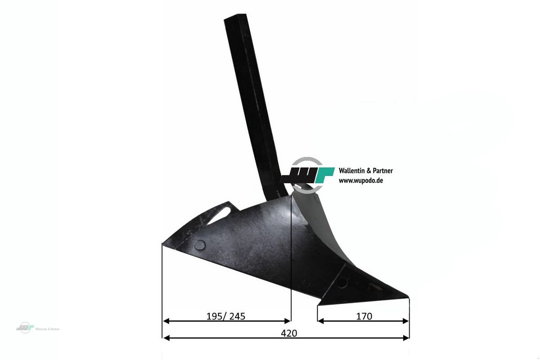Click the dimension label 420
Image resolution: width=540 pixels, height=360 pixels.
[289, 333]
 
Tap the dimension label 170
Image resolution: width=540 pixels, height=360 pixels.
[364, 316]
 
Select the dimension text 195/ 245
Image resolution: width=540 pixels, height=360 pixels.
[225, 316]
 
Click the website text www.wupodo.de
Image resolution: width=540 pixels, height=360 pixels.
[361, 180]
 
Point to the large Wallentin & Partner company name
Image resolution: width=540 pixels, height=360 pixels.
[366, 171]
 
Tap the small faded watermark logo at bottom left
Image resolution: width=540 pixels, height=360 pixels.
[25, 328]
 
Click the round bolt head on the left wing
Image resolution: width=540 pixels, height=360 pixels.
[200, 245]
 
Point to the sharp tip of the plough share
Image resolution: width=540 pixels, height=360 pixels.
[409, 297]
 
